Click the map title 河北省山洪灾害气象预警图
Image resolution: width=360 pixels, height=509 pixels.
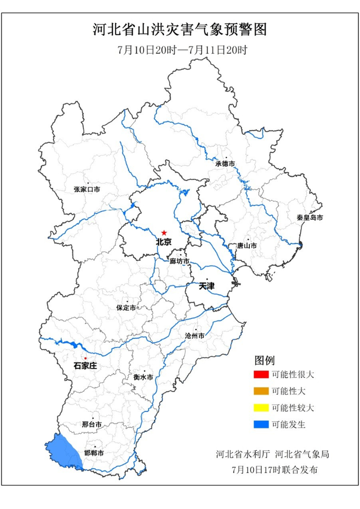[180, 29]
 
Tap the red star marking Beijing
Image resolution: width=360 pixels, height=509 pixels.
[164, 232]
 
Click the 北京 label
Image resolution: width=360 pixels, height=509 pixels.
[164, 242]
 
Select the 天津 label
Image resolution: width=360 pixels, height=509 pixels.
[207, 286]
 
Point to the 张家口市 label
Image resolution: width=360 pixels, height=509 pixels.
[87, 190]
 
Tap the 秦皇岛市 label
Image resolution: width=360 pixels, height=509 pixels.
[310, 218]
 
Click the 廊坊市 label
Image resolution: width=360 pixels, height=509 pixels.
[179, 261]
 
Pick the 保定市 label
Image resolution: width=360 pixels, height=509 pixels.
[126, 308]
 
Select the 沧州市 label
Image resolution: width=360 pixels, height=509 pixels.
[194, 336]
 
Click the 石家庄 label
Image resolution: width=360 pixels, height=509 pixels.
[85, 366]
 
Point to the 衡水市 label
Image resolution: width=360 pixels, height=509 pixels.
[143, 377]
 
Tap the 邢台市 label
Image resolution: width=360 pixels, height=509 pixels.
[92, 425]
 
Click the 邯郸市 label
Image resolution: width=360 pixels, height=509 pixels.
[94, 453]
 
